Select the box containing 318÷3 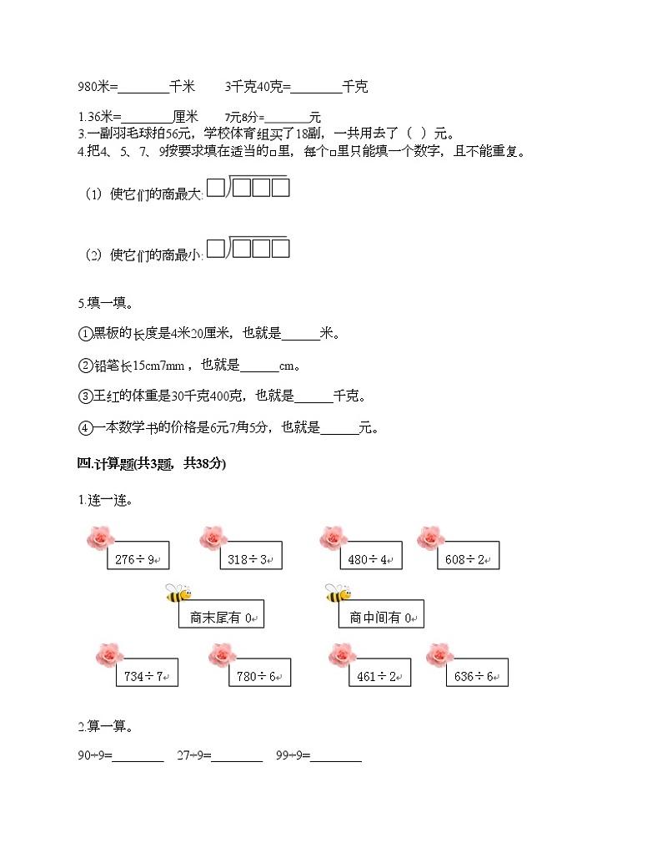coord(251,558)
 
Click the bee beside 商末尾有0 coord(178,593)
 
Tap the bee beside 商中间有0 coord(337,593)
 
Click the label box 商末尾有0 coord(221,618)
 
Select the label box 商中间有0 coord(381,618)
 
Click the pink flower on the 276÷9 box coord(99,538)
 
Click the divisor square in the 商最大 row coord(216,189)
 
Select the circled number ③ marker coord(84,396)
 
